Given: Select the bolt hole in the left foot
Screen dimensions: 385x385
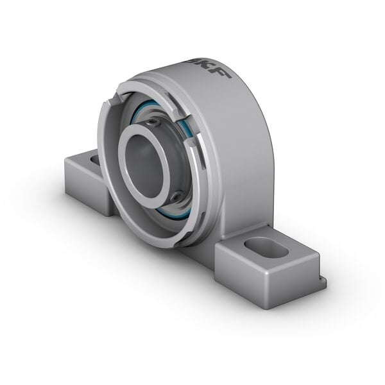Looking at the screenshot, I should click(95, 158).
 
